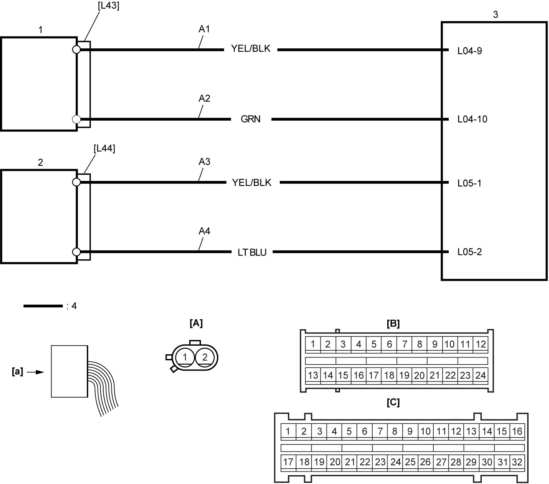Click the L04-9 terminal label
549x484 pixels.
469,51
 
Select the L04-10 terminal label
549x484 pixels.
472,119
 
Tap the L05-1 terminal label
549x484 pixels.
469,184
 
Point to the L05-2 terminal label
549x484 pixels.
469,252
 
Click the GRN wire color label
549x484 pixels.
250,119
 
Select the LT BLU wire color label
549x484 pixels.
252,253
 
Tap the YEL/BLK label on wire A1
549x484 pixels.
250,49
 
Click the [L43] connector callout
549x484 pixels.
108,6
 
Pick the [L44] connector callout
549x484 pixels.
104,149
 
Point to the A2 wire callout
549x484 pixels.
204,98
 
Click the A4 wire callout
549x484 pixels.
204,231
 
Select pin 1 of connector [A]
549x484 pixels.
185,358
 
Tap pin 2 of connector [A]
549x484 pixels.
205,358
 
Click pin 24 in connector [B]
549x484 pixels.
481,375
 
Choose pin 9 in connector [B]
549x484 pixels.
435,344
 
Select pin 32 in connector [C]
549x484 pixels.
517,462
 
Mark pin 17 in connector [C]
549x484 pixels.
288,462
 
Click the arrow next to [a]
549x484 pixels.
35,372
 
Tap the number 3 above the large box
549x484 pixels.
496,15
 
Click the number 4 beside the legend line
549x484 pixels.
74,306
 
